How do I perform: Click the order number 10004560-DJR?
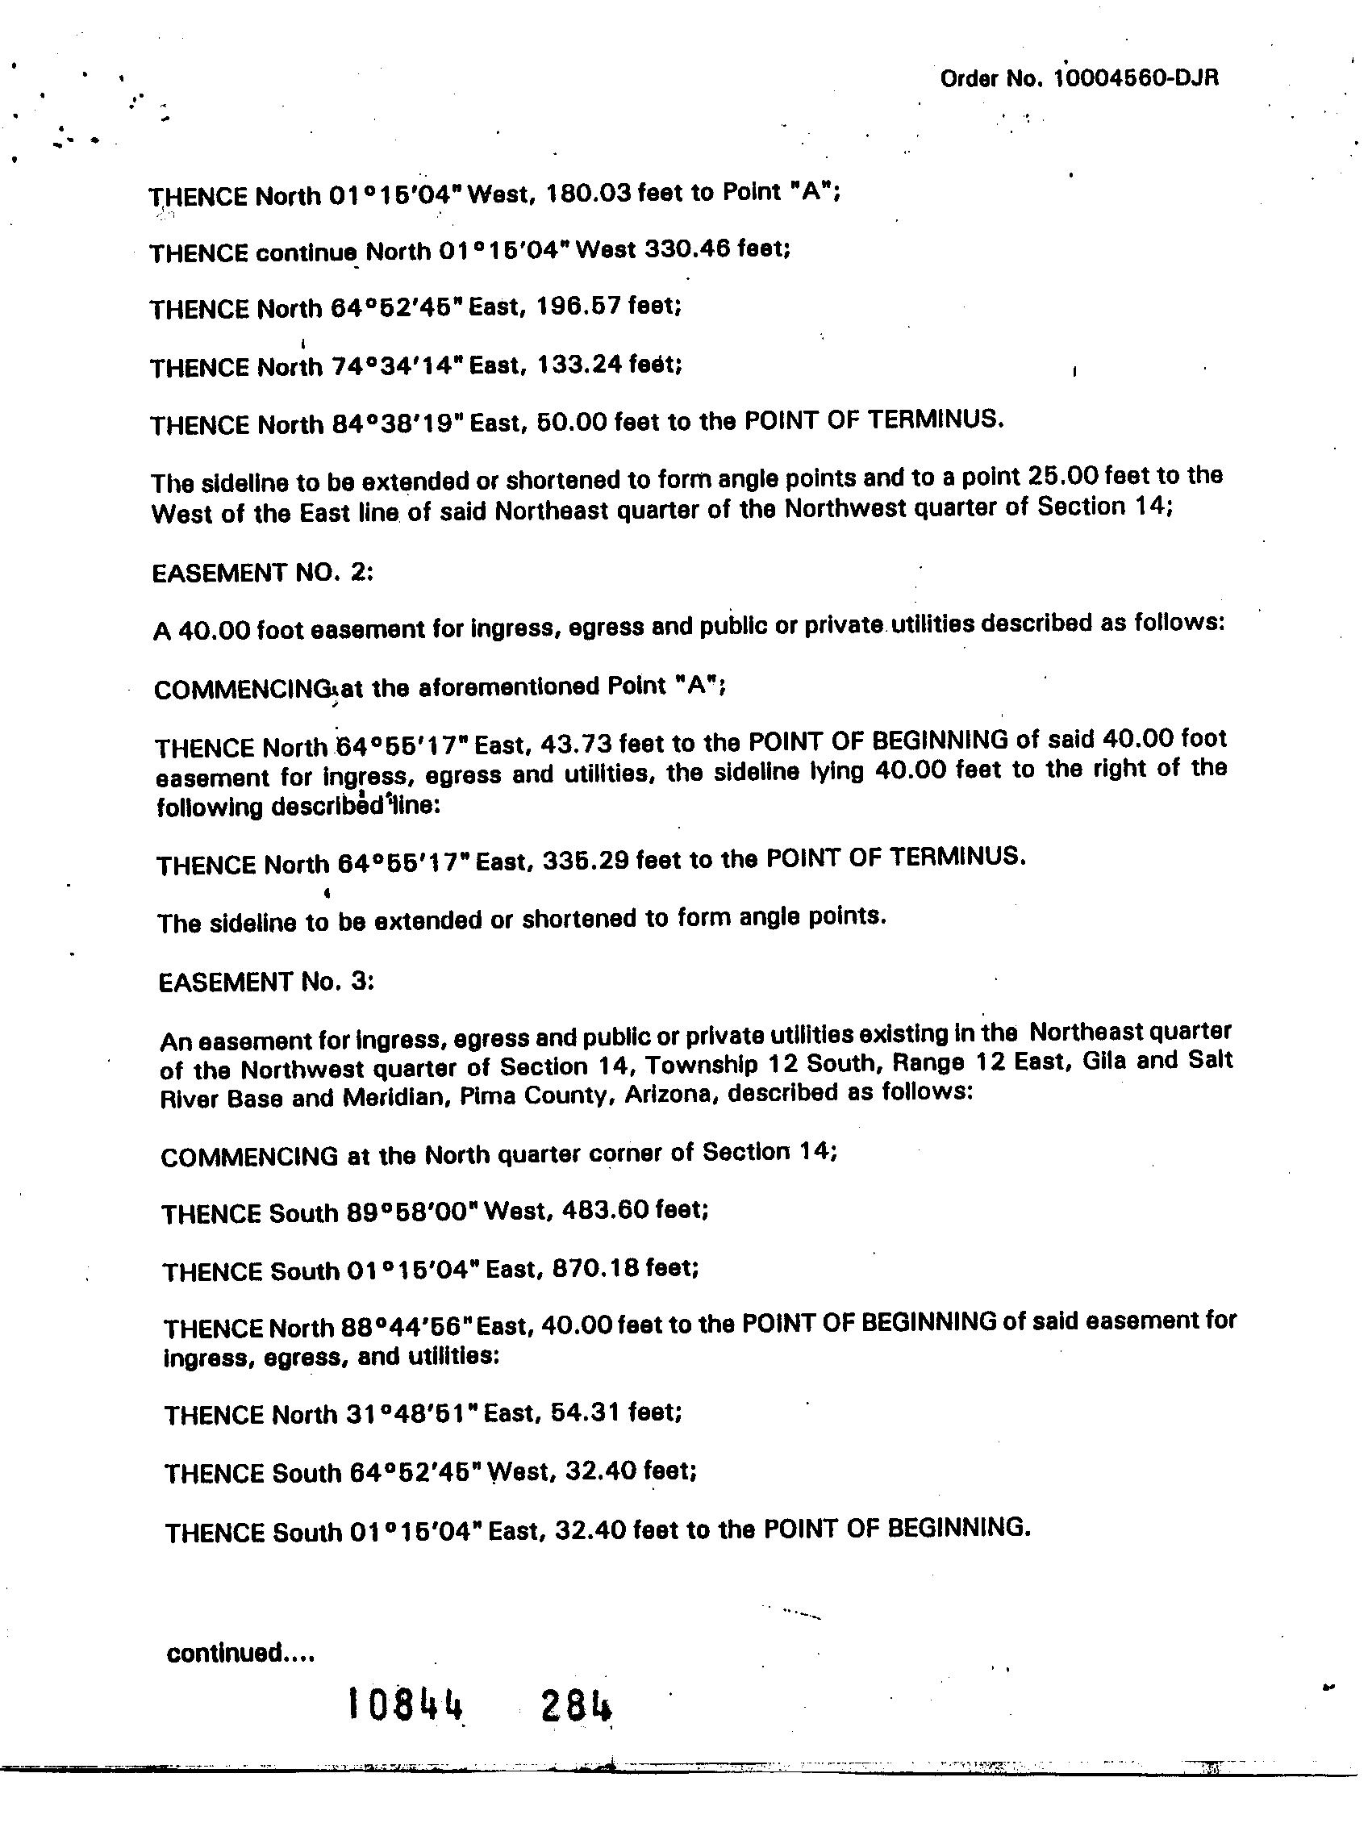[x=1136, y=79]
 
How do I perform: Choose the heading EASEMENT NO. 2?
[x=262, y=573]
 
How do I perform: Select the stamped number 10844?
[x=405, y=1706]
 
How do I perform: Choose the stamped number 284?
[x=577, y=1706]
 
